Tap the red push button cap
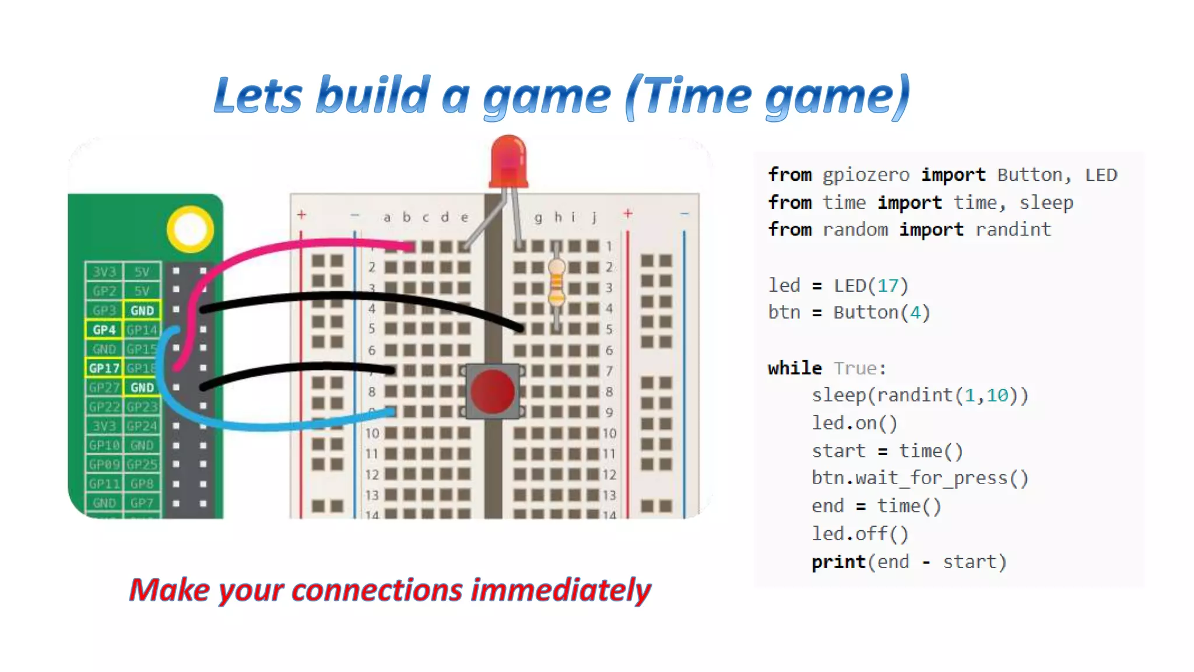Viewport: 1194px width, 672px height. coord(493,391)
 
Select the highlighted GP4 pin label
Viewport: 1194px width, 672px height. coord(104,330)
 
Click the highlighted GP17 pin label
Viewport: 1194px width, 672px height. coord(104,368)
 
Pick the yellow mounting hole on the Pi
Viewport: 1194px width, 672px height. coord(190,229)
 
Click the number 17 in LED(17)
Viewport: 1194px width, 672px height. coord(888,285)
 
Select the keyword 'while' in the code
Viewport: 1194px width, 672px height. coord(795,368)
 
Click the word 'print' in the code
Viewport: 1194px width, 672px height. coord(838,562)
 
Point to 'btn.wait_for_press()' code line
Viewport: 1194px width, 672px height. coord(919,478)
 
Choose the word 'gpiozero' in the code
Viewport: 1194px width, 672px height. coord(866,174)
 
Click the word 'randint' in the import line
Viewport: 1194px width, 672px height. coord(1013,229)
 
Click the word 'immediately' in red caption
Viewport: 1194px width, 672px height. coord(561,590)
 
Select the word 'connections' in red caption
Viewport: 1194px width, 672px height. coord(377,590)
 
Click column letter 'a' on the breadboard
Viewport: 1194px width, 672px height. coord(387,218)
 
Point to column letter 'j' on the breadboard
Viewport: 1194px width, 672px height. coord(594,218)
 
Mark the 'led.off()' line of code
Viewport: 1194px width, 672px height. coord(860,534)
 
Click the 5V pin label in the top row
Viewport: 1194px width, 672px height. coord(142,272)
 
